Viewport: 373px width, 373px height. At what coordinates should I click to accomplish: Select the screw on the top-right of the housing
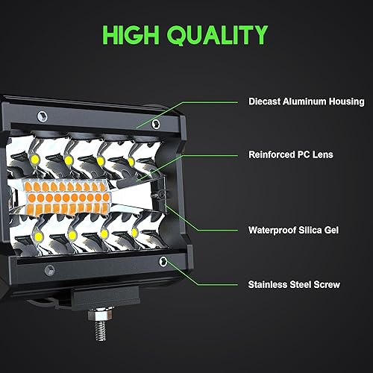coord(155,123)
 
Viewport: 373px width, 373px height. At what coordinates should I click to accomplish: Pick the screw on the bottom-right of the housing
coord(163,260)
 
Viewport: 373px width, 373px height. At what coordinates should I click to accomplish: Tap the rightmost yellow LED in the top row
coord(131,160)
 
